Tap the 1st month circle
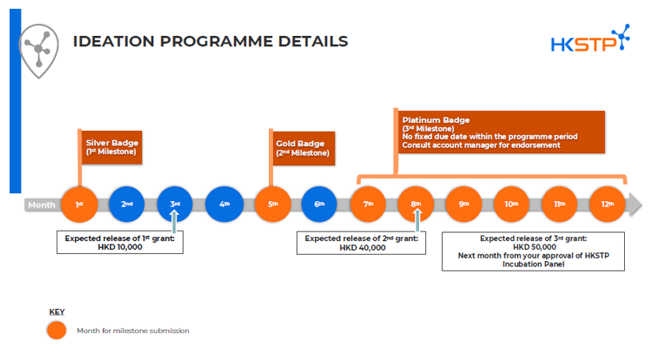click(x=78, y=204)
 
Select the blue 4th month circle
click(x=224, y=204)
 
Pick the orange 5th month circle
click(x=272, y=204)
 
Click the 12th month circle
click(x=607, y=204)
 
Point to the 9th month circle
click(x=463, y=204)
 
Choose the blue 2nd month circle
click(x=126, y=204)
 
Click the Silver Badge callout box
click(x=112, y=147)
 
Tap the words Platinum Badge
click(x=429, y=119)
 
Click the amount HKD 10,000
click(x=120, y=247)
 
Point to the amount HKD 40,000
click(x=362, y=247)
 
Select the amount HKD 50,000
click(x=533, y=247)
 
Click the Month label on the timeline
click(x=41, y=205)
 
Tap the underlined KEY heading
click(x=57, y=311)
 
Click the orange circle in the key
click(x=57, y=330)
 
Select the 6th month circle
click(x=319, y=204)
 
